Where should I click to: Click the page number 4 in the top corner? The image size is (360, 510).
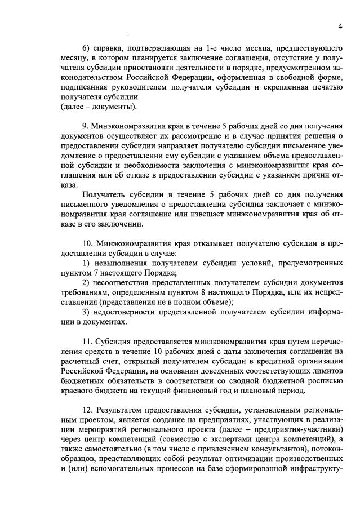point(341,26)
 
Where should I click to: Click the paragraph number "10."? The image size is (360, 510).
point(89,244)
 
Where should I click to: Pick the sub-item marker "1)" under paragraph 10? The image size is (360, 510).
point(87,264)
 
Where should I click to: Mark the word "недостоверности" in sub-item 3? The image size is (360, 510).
point(129,313)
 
